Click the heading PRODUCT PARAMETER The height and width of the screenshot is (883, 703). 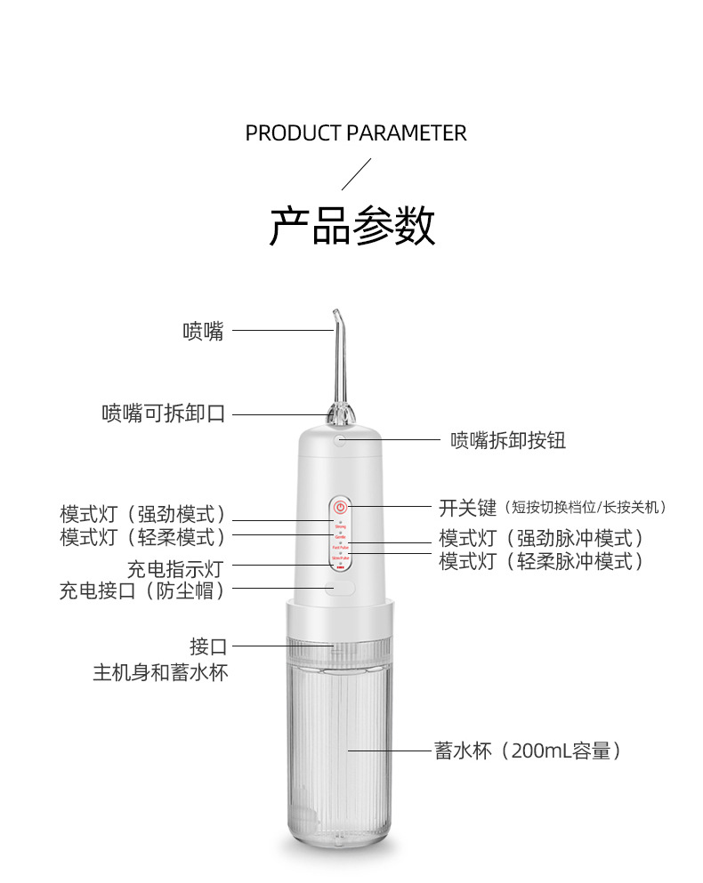[x=355, y=133]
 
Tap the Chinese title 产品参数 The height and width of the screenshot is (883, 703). [x=352, y=226]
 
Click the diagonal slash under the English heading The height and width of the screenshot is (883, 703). [x=356, y=174]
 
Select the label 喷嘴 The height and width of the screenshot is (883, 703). [x=203, y=332]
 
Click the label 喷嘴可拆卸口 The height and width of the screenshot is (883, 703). [x=163, y=413]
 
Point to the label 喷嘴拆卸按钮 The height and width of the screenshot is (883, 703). [x=508, y=439]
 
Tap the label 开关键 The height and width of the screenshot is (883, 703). [x=467, y=508]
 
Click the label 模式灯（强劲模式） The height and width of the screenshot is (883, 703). [x=142, y=514]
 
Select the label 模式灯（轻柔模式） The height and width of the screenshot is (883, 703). [x=142, y=536]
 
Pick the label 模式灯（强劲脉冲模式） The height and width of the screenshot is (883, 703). [x=541, y=538]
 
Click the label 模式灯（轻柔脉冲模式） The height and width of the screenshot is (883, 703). [x=541, y=561]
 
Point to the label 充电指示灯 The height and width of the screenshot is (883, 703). [x=174, y=568]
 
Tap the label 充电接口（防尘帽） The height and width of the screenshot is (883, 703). [x=142, y=590]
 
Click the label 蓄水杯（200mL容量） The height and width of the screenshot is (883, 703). [x=528, y=751]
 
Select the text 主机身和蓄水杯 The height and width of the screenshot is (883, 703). [x=160, y=672]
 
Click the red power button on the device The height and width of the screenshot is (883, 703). [x=339, y=507]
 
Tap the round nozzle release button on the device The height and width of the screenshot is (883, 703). [x=339, y=438]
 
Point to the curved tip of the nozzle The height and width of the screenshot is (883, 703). [x=335, y=316]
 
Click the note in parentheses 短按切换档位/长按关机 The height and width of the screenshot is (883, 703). [x=586, y=508]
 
